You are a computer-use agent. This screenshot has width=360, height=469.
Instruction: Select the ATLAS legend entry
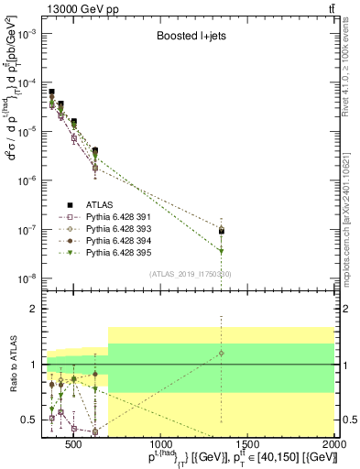coord(98,205)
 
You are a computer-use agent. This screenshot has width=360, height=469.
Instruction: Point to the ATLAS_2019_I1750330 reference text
coord(191,274)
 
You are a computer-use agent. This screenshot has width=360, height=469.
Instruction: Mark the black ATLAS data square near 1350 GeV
coord(222,231)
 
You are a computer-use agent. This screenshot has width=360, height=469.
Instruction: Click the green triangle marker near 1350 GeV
coord(222,250)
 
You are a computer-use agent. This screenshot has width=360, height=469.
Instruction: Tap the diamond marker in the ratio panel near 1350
coord(222,353)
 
